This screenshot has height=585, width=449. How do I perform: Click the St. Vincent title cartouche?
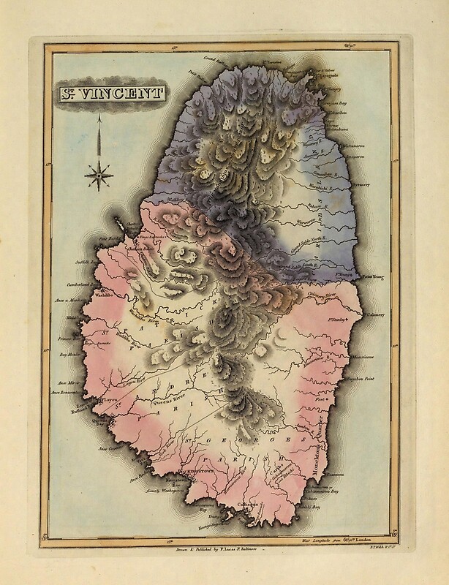click(107, 94)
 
